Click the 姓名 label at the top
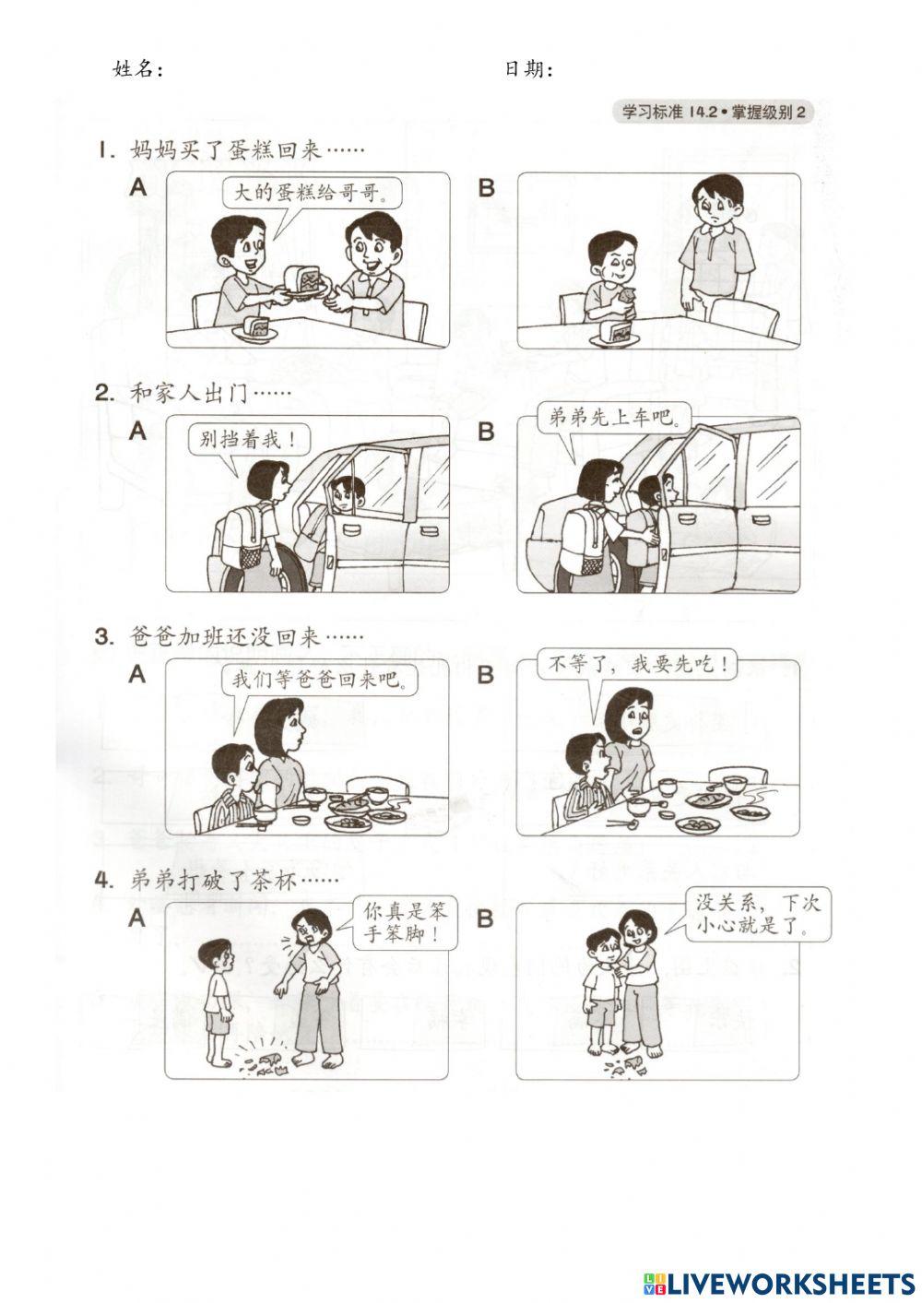[x=137, y=70]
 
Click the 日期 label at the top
[x=528, y=70]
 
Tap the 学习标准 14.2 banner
[x=714, y=113]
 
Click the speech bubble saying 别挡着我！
[x=243, y=439]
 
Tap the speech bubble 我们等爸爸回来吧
[x=318, y=681]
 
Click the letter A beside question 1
[x=138, y=187]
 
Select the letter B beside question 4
[x=486, y=918]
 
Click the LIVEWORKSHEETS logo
[x=779, y=1283]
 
